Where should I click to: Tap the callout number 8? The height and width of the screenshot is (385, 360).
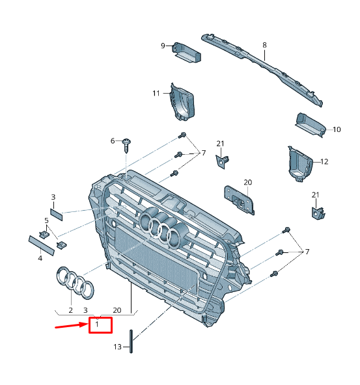coord(265,45)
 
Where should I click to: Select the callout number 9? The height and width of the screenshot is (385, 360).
coord(163,46)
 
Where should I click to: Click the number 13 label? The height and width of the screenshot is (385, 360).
coord(117,347)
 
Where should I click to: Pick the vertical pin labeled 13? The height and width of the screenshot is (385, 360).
coord(132,341)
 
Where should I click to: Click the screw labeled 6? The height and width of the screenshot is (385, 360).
coord(127,144)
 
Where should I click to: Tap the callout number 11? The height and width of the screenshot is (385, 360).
coord(156,93)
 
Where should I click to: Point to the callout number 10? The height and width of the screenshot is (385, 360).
coord(337,129)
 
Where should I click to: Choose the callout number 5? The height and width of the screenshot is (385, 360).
coord(46,220)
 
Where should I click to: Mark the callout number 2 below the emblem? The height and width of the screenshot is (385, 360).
coord(70,311)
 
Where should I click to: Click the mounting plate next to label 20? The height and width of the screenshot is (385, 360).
coord(238,199)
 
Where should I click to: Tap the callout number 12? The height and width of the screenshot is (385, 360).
coord(324,161)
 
